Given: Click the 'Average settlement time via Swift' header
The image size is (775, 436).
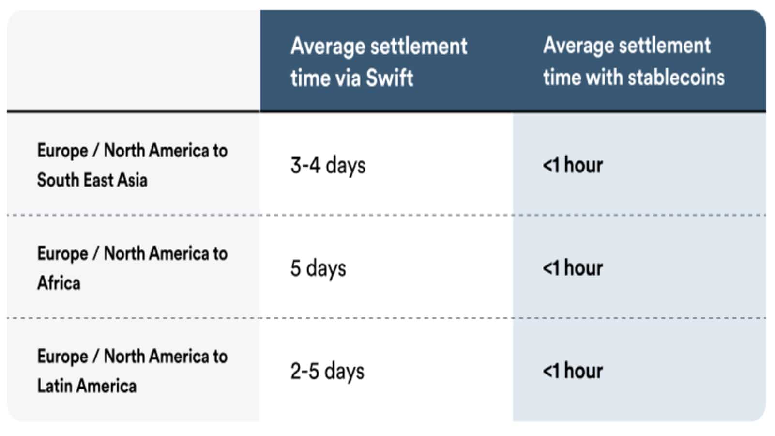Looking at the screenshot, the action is [379, 62].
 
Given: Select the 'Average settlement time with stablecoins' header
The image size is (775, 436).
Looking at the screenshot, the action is [634, 61].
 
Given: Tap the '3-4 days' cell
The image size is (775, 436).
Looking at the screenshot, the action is [328, 166].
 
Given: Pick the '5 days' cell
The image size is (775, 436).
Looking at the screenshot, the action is [318, 269].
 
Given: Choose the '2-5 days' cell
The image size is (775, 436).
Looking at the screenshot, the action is [327, 372].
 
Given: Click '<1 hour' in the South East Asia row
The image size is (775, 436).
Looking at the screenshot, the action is [573, 165].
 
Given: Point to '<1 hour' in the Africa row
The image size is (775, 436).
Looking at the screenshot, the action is [573, 268].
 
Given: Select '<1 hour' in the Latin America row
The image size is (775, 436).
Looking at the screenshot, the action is [573, 371].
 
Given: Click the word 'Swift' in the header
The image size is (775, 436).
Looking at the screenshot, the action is [390, 78].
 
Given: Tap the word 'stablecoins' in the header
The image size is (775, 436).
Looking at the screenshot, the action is [676, 77].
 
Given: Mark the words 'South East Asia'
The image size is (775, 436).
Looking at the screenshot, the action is [92, 180].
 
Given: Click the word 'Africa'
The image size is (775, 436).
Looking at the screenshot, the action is [59, 283].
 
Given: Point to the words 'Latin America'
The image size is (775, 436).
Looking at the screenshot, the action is [87, 386].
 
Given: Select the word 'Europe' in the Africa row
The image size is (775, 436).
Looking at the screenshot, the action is [62, 254].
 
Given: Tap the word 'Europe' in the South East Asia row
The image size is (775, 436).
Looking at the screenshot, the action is [62, 152].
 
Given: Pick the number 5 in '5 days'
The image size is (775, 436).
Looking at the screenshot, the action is [295, 268].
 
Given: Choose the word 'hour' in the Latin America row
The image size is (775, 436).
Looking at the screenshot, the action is [583, 371].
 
